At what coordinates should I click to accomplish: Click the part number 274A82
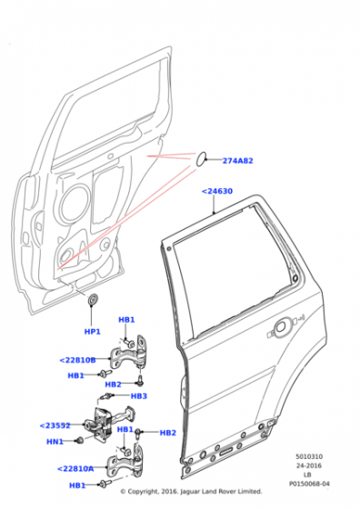pos(237,161)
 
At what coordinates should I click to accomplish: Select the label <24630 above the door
pos(217,191)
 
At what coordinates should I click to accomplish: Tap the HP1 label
pos(92,332)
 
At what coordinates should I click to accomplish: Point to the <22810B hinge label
pos(77,360)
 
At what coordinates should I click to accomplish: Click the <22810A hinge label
pos(75,468)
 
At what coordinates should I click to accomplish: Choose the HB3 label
pos(139,395)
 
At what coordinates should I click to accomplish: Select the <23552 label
pos(55,425)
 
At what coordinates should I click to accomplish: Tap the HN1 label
pos(55,442)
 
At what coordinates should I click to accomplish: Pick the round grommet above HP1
pos(93,300)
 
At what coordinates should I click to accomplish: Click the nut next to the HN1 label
pos(78,440)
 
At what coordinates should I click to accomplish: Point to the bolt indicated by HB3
pos(107,396)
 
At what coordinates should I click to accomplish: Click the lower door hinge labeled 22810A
pos(125,462)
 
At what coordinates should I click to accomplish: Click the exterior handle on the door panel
pos(281,327)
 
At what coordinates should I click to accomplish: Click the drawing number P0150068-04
pos(309,484)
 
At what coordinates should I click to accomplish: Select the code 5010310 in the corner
pos(309,456)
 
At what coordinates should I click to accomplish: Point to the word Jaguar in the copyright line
pos(191,492)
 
